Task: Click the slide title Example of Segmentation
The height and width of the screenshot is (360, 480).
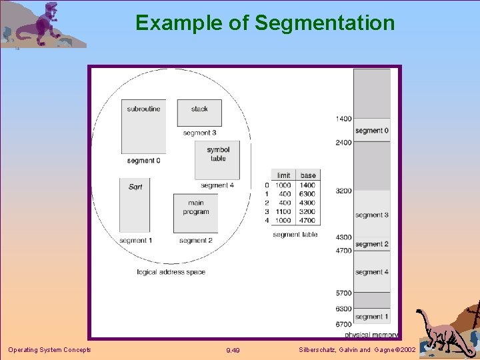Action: [x=265, y=23]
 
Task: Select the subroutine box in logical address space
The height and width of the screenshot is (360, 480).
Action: [x=143, y=126]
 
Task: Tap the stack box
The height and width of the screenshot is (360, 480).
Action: [x=199, y=113]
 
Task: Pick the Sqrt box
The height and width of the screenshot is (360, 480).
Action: [x=135, y=204]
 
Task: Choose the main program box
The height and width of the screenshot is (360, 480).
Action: [x=195, y=213]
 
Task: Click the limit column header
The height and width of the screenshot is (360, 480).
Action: [x=284, y=175]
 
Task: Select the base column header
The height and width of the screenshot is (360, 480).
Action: [x=308, y=175]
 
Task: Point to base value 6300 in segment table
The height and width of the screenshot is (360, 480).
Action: [x=308, y=194]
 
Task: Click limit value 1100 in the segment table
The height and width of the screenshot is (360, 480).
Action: [x=284, y=211]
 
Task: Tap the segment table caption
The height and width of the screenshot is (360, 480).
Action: [x=295, y=235]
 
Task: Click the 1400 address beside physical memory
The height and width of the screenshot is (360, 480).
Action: [x=343, y=119]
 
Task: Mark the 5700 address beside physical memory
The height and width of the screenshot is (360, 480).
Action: [x=343, y=293]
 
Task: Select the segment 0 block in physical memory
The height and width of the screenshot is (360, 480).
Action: [x=371, y=131]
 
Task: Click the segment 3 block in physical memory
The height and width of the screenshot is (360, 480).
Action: [x=371, y=215]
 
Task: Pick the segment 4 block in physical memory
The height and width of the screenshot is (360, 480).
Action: [x=371, y=272]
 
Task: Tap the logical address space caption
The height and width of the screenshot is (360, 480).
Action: [x=171, y=272]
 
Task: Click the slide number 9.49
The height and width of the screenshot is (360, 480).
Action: [x=233, y=350]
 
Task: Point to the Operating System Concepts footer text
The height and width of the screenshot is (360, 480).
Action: [x=49, y=350]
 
